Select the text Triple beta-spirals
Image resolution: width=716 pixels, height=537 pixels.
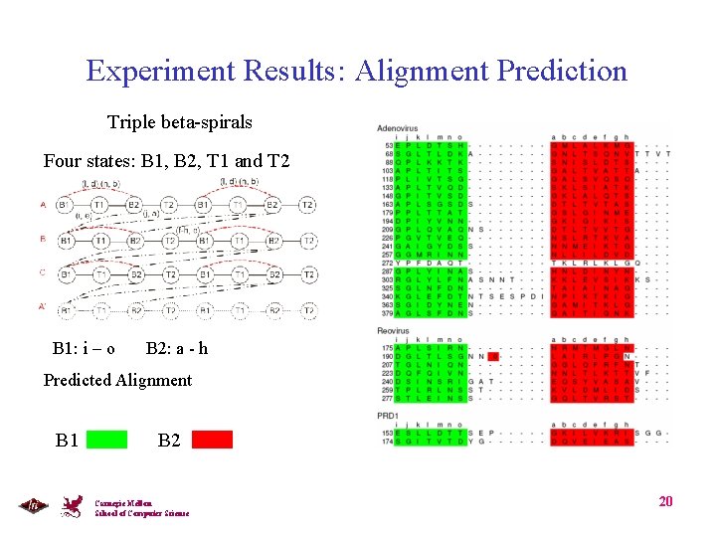tap(180, 122)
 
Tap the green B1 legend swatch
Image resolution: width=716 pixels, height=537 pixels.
tap(106, 440)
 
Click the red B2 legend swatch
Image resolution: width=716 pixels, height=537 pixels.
tap(212, 440)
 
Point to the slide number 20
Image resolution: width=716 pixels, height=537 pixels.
tap(665, 501)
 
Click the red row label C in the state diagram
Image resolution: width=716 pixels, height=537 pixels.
tap(43, 272)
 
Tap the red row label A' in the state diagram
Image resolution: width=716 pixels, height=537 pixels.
tap(43, 307)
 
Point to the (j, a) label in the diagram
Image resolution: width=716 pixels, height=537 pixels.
tap(151, 214)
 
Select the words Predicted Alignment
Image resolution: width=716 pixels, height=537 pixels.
tap(117, 380)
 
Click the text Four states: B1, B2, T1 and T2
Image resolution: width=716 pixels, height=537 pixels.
tap(167, 160)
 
